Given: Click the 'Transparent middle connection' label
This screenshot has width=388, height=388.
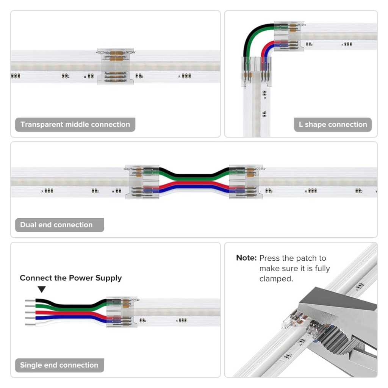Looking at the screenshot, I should [75, 125].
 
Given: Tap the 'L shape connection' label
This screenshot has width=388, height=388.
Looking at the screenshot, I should [333, 125].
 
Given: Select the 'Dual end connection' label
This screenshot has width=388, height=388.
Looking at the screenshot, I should [56, 225].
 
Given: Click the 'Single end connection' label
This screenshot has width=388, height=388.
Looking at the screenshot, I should [59, 365].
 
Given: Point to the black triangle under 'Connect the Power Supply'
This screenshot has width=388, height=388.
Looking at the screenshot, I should [42, 289].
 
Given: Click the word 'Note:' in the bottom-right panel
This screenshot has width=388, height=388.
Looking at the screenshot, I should [246, 258].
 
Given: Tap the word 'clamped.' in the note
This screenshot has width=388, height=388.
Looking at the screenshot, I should [276, 279].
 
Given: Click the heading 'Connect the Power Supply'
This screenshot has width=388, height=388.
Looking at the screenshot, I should [71, 278].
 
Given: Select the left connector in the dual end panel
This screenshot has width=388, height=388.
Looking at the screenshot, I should [142, 182].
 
